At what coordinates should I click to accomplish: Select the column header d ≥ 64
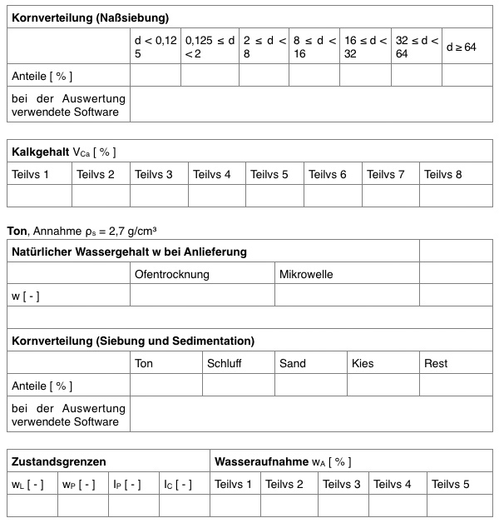[x=461, y=47]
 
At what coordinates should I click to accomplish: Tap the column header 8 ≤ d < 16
[x=314, y=47]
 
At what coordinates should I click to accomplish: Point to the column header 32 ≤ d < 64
[x=415, y=47]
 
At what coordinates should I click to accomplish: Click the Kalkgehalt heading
[x=63, y=152]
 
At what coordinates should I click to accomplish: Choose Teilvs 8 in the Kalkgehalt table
[x=442, y=174]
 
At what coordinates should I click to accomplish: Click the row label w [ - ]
[x=26, y=296]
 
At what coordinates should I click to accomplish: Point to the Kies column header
[x=363, y=363]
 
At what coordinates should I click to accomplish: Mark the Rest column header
[x=436, y=363]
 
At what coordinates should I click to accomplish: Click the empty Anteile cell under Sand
[x=310, y=386]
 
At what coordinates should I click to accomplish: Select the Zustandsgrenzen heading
[x=59, y=461]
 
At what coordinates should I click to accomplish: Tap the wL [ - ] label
[x=27, y=484]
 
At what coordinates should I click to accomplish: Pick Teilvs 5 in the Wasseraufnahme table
[x=450, y=484]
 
